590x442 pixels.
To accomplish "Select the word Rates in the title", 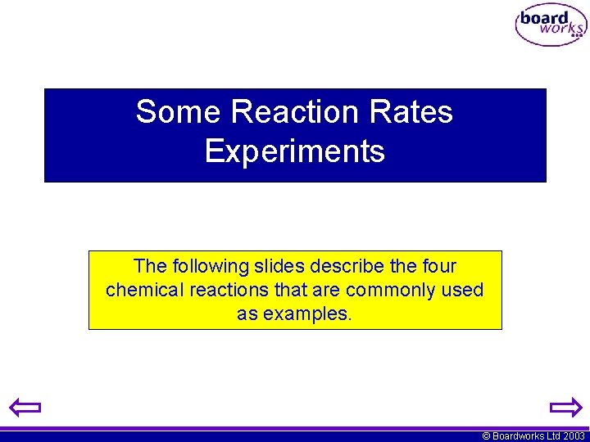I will [416, 111].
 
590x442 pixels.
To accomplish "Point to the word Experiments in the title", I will [295, 151].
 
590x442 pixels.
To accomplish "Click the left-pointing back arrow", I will [25, 407].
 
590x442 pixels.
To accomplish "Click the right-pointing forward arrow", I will [565, 407].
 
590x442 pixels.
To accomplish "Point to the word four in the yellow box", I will [438, 267].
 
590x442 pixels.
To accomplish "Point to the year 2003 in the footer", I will [574, 436].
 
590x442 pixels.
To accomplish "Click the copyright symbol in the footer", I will [487, 436].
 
